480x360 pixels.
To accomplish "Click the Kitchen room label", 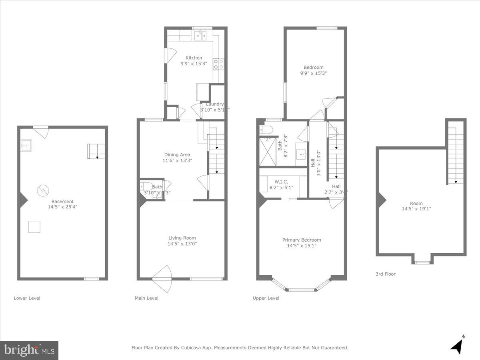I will (194, 58).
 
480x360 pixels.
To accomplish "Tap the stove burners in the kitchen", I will (218, 64).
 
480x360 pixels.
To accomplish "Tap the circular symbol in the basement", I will (42, 190).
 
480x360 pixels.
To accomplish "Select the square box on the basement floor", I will (34, 227).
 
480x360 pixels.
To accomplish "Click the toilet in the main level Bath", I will (145, 186).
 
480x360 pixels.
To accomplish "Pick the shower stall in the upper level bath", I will (268, 152).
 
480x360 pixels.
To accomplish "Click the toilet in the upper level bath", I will (266, 130).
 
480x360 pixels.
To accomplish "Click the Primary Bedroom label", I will (302, 240).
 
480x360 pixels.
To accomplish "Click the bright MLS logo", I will (29, 350).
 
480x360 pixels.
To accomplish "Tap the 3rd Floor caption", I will (385, 274).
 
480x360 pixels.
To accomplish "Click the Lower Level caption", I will (27, 298).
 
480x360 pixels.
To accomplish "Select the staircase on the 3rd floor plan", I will (455, 156).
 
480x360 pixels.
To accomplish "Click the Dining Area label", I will (177, 154).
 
